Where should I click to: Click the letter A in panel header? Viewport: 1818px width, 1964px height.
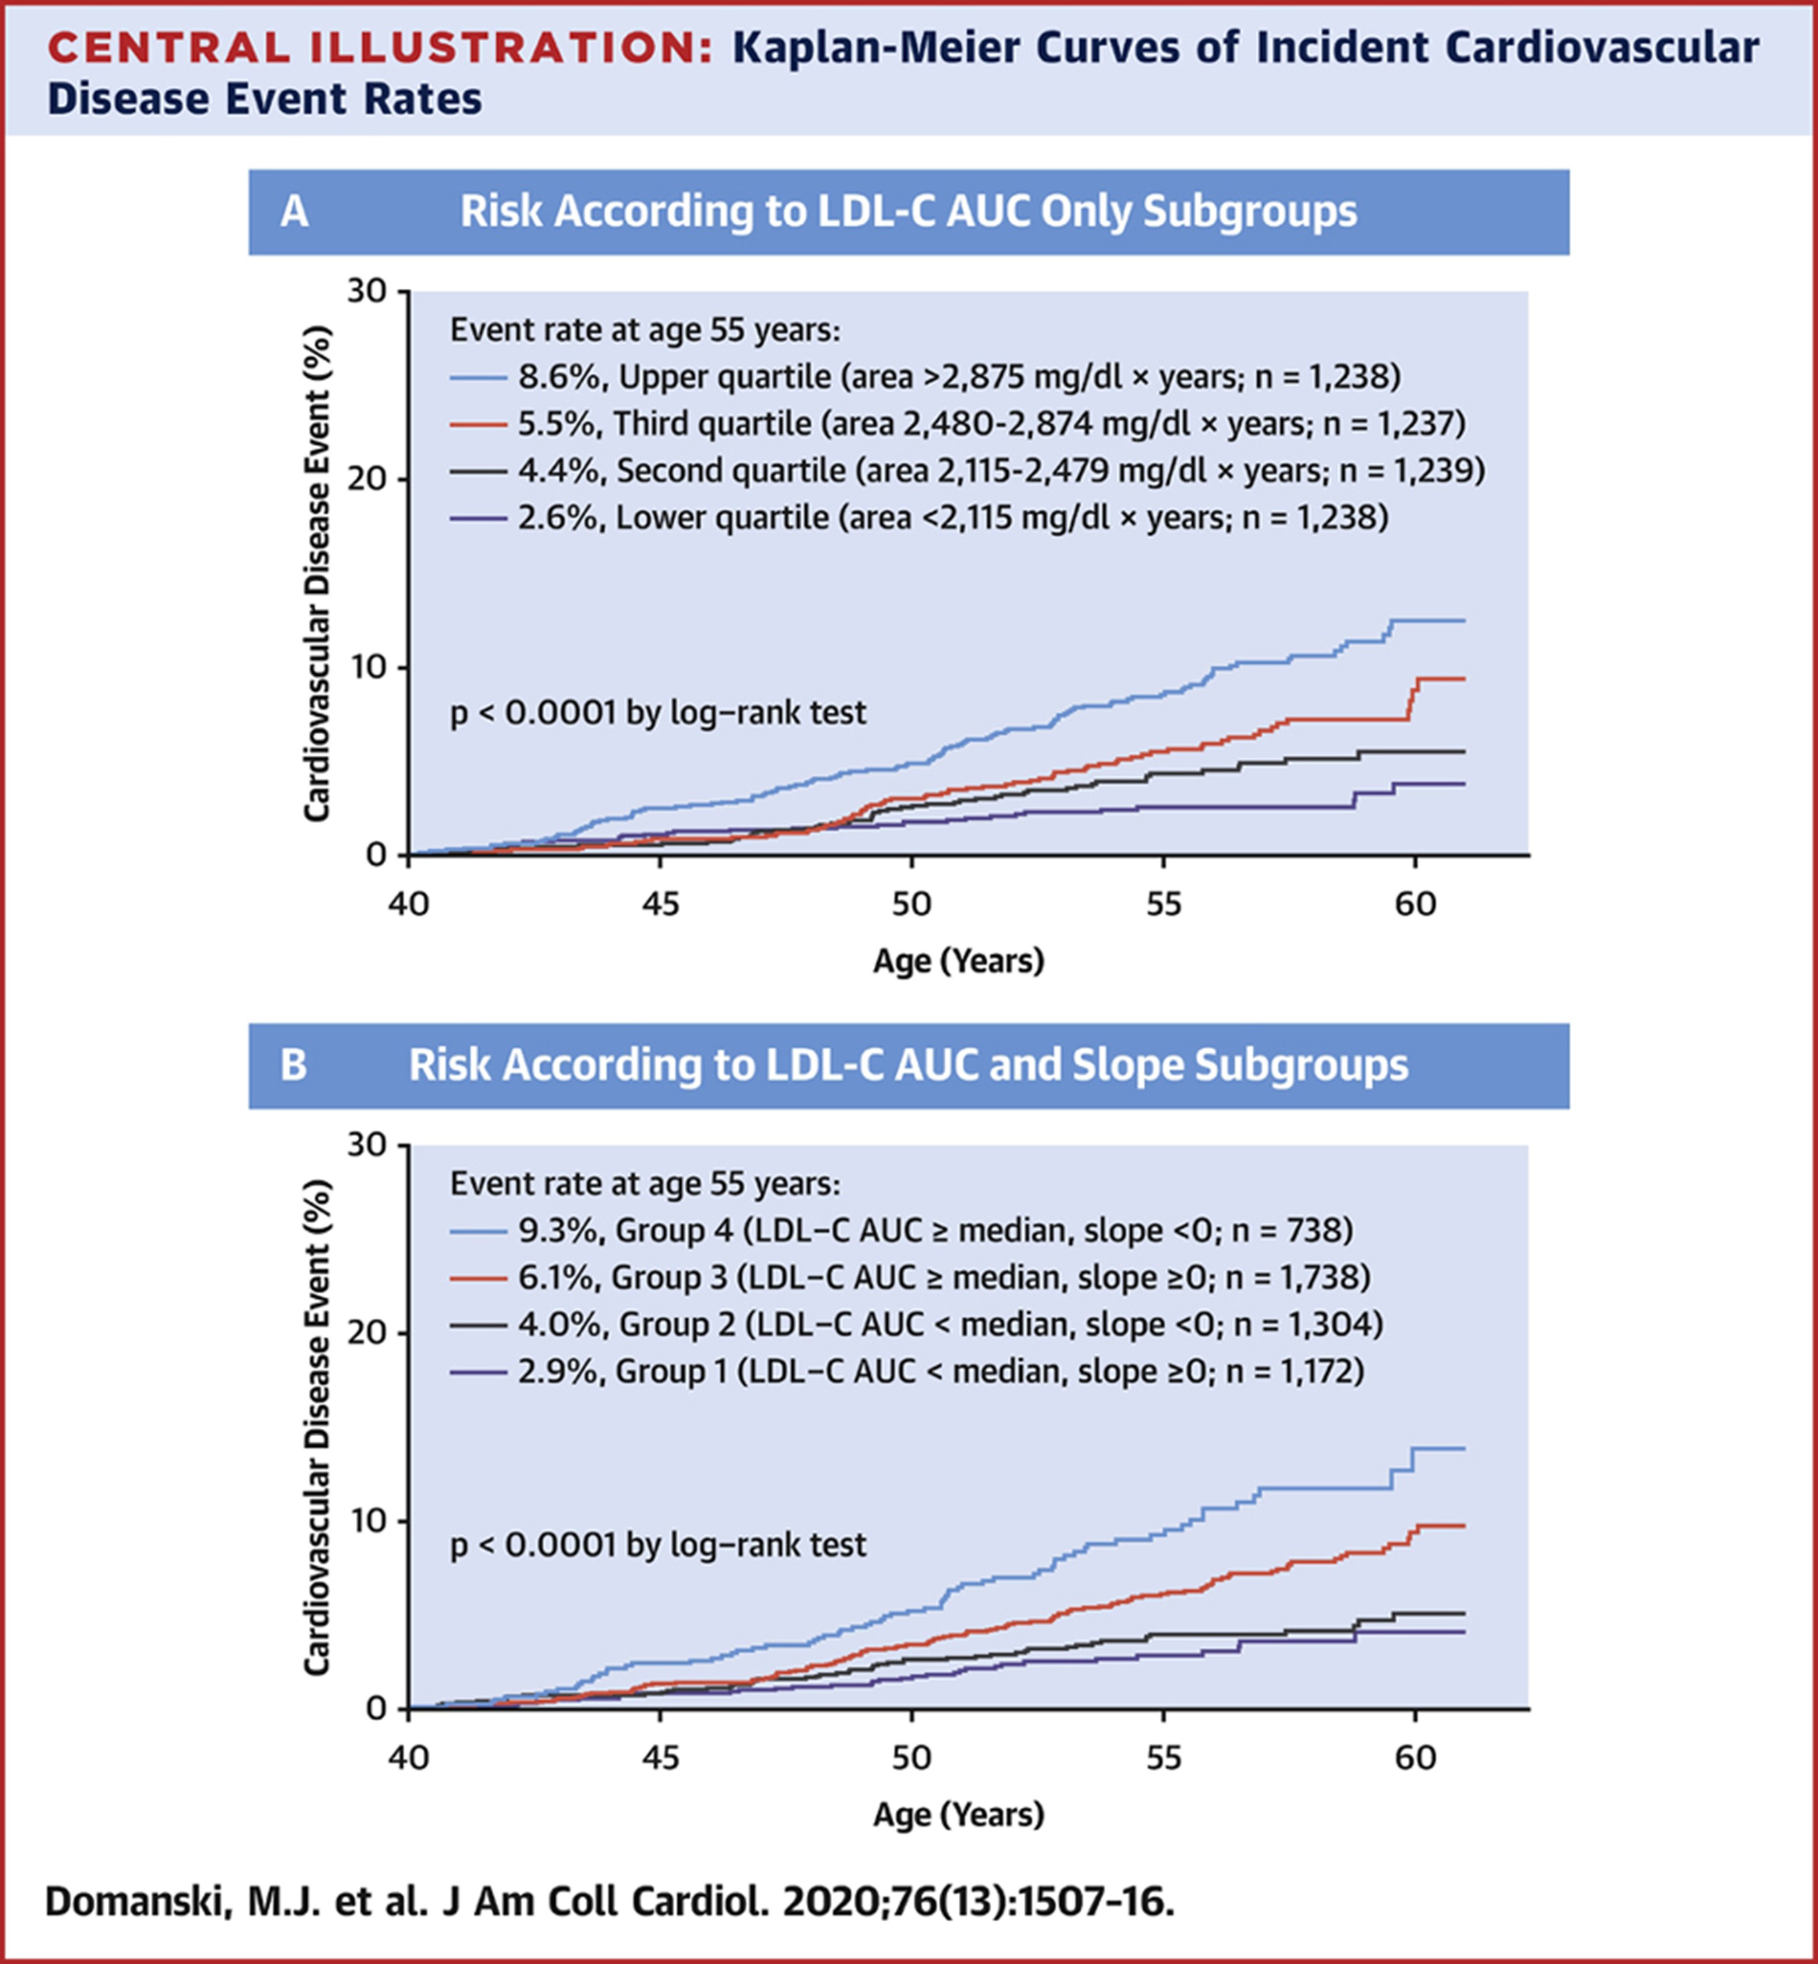pos(294,212)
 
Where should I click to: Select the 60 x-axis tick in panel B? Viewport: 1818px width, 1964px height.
pos(1415,1756)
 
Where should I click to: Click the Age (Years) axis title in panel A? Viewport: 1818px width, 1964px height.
pos(958,961)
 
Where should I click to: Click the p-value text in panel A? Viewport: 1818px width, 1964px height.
pos(658,712)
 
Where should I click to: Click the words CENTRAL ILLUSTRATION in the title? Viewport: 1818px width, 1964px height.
pos(380,48)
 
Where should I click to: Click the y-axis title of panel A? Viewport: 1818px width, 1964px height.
pos(317,573)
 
